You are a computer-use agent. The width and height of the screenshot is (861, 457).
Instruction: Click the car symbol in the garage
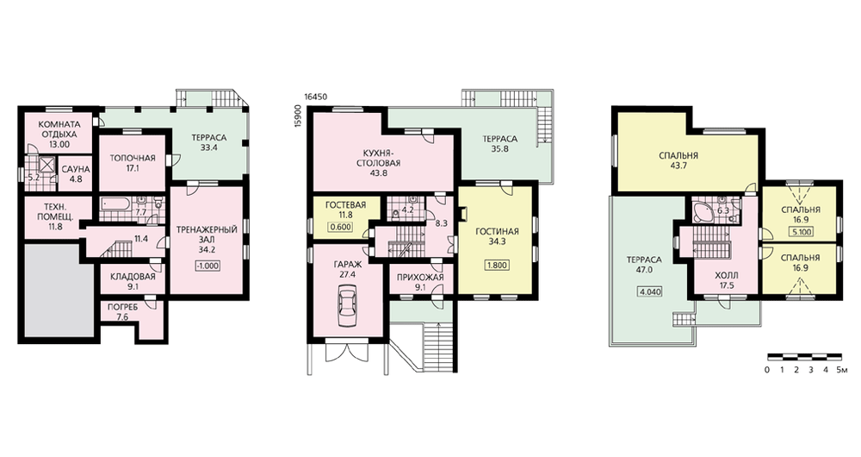point(348,307)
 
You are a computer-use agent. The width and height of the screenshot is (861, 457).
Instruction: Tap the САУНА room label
point(75,169)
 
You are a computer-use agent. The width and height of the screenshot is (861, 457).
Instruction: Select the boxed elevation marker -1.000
point(207,266)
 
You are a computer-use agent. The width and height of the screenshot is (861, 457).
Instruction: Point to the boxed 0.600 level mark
point(339,226)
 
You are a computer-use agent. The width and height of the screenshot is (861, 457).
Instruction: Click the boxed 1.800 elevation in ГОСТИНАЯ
point(497,265)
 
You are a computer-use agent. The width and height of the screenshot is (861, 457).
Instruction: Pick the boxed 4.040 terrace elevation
point(649,291)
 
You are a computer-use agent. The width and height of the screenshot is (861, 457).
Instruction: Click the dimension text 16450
point(316,97)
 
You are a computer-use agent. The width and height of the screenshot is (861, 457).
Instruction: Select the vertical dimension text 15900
point(298,116)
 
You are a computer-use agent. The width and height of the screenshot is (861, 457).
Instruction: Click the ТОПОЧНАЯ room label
point(133,158)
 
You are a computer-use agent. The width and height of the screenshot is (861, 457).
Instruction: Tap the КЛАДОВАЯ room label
point(133,276)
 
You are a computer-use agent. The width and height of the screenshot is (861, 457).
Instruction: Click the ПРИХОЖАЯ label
point(420,277)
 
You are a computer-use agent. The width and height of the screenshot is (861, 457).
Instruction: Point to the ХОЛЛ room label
point(727,275)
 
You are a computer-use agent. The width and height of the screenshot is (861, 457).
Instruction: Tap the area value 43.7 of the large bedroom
point(678,166)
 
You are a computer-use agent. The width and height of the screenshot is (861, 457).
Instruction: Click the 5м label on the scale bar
point(842,370)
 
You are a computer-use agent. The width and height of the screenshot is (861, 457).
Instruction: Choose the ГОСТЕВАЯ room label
point(345,205)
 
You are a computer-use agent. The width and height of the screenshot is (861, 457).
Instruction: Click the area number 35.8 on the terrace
point(499,148)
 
